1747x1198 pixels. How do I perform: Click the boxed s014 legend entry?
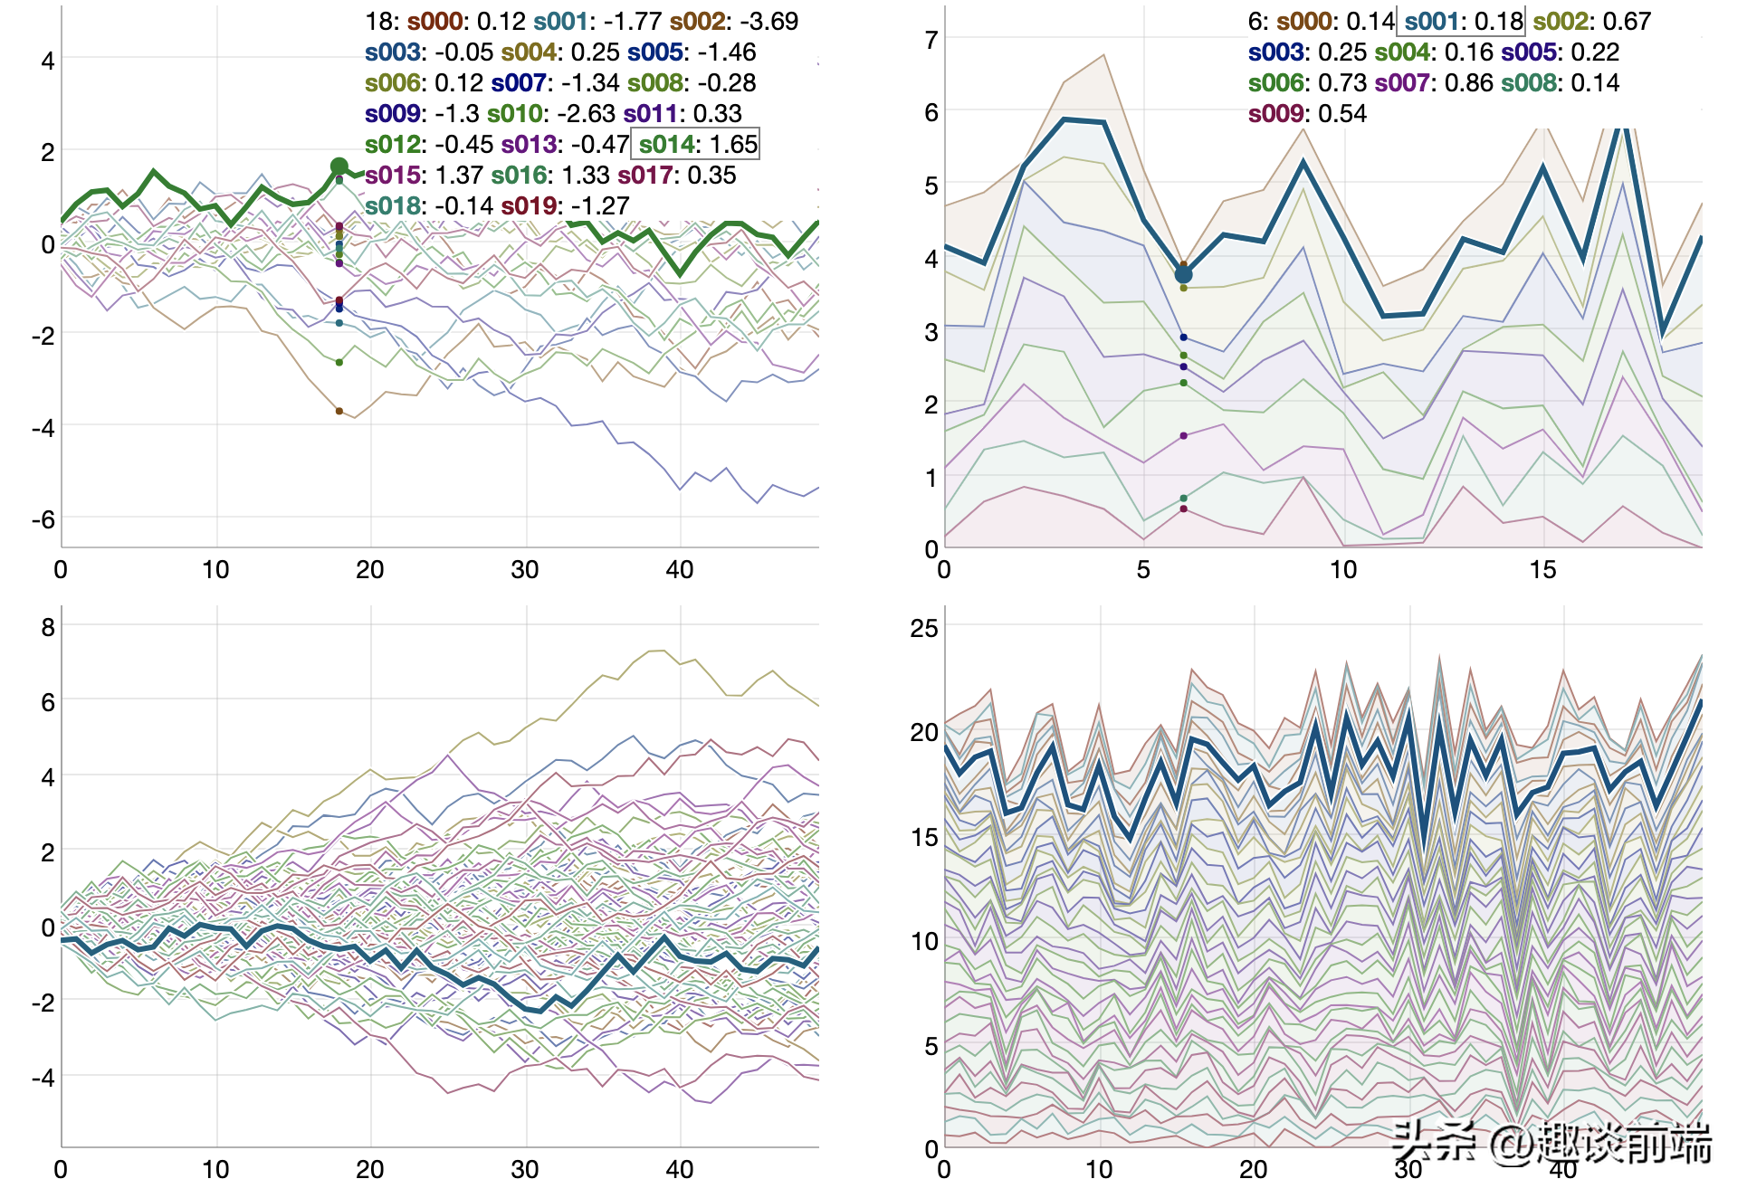(696, 145)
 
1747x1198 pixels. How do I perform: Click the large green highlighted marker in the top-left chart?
(339, 166)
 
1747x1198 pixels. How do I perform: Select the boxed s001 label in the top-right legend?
(1461, 22)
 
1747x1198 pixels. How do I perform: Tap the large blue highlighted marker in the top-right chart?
(1183, 274)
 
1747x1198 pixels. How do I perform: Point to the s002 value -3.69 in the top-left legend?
(768, 22)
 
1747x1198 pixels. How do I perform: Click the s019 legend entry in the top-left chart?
(565, 206)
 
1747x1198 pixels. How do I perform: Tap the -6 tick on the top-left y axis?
(43, 520)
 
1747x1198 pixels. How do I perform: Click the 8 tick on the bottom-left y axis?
(48, 627)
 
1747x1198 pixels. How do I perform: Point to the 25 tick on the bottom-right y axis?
(924, 628)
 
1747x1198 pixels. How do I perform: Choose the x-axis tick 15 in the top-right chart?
(1543, 570)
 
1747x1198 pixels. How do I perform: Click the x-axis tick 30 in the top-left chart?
(525, 570)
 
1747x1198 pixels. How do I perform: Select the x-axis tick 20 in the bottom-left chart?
(370, 1170)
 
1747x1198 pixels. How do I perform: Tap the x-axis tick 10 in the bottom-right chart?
(1099, 1170)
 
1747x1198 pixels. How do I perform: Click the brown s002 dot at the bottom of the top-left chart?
(339, 411)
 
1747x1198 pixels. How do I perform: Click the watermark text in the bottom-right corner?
(1551, 1143)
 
